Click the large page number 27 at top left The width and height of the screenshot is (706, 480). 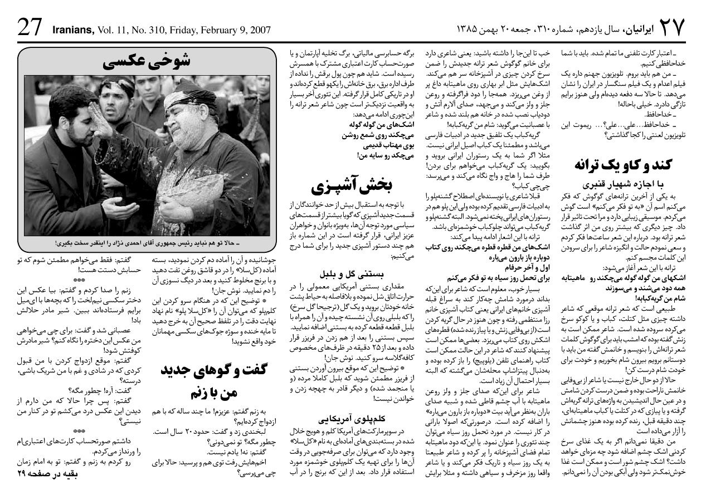(29, 27)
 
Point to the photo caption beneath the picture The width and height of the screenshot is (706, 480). (147, 243)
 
